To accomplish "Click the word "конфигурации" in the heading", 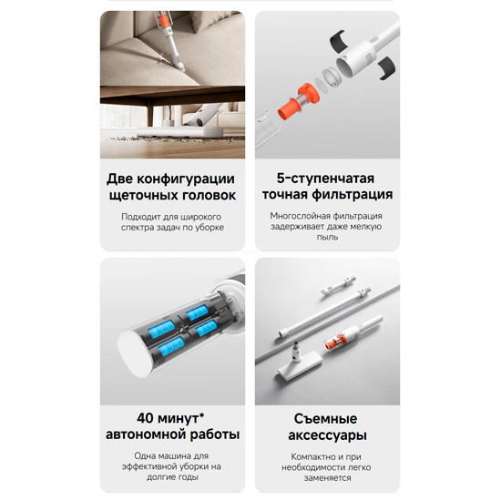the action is [186, 179].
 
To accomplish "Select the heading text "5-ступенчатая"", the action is [325, 179].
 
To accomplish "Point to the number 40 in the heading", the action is [146, 418].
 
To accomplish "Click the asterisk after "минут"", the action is [201, 415].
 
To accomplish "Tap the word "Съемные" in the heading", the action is [325, 419].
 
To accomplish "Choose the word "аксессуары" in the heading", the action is [327, 435].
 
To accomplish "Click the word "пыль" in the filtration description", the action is [327, 237].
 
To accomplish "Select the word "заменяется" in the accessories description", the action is [327, 478].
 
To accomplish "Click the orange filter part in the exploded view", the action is [298, 101].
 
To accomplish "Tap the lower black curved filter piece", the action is [387, 67].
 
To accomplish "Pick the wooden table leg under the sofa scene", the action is [150, 113].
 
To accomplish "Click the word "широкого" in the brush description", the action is [200, 217].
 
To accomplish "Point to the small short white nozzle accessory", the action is [338, 286].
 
